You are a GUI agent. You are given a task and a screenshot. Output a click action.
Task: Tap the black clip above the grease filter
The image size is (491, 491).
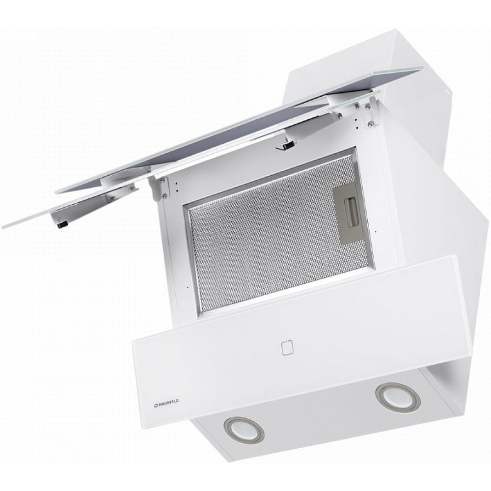287,145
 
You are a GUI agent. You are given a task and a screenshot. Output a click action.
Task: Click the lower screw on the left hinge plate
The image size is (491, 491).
164,196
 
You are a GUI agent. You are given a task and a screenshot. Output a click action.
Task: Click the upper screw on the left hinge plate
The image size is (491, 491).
162,180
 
